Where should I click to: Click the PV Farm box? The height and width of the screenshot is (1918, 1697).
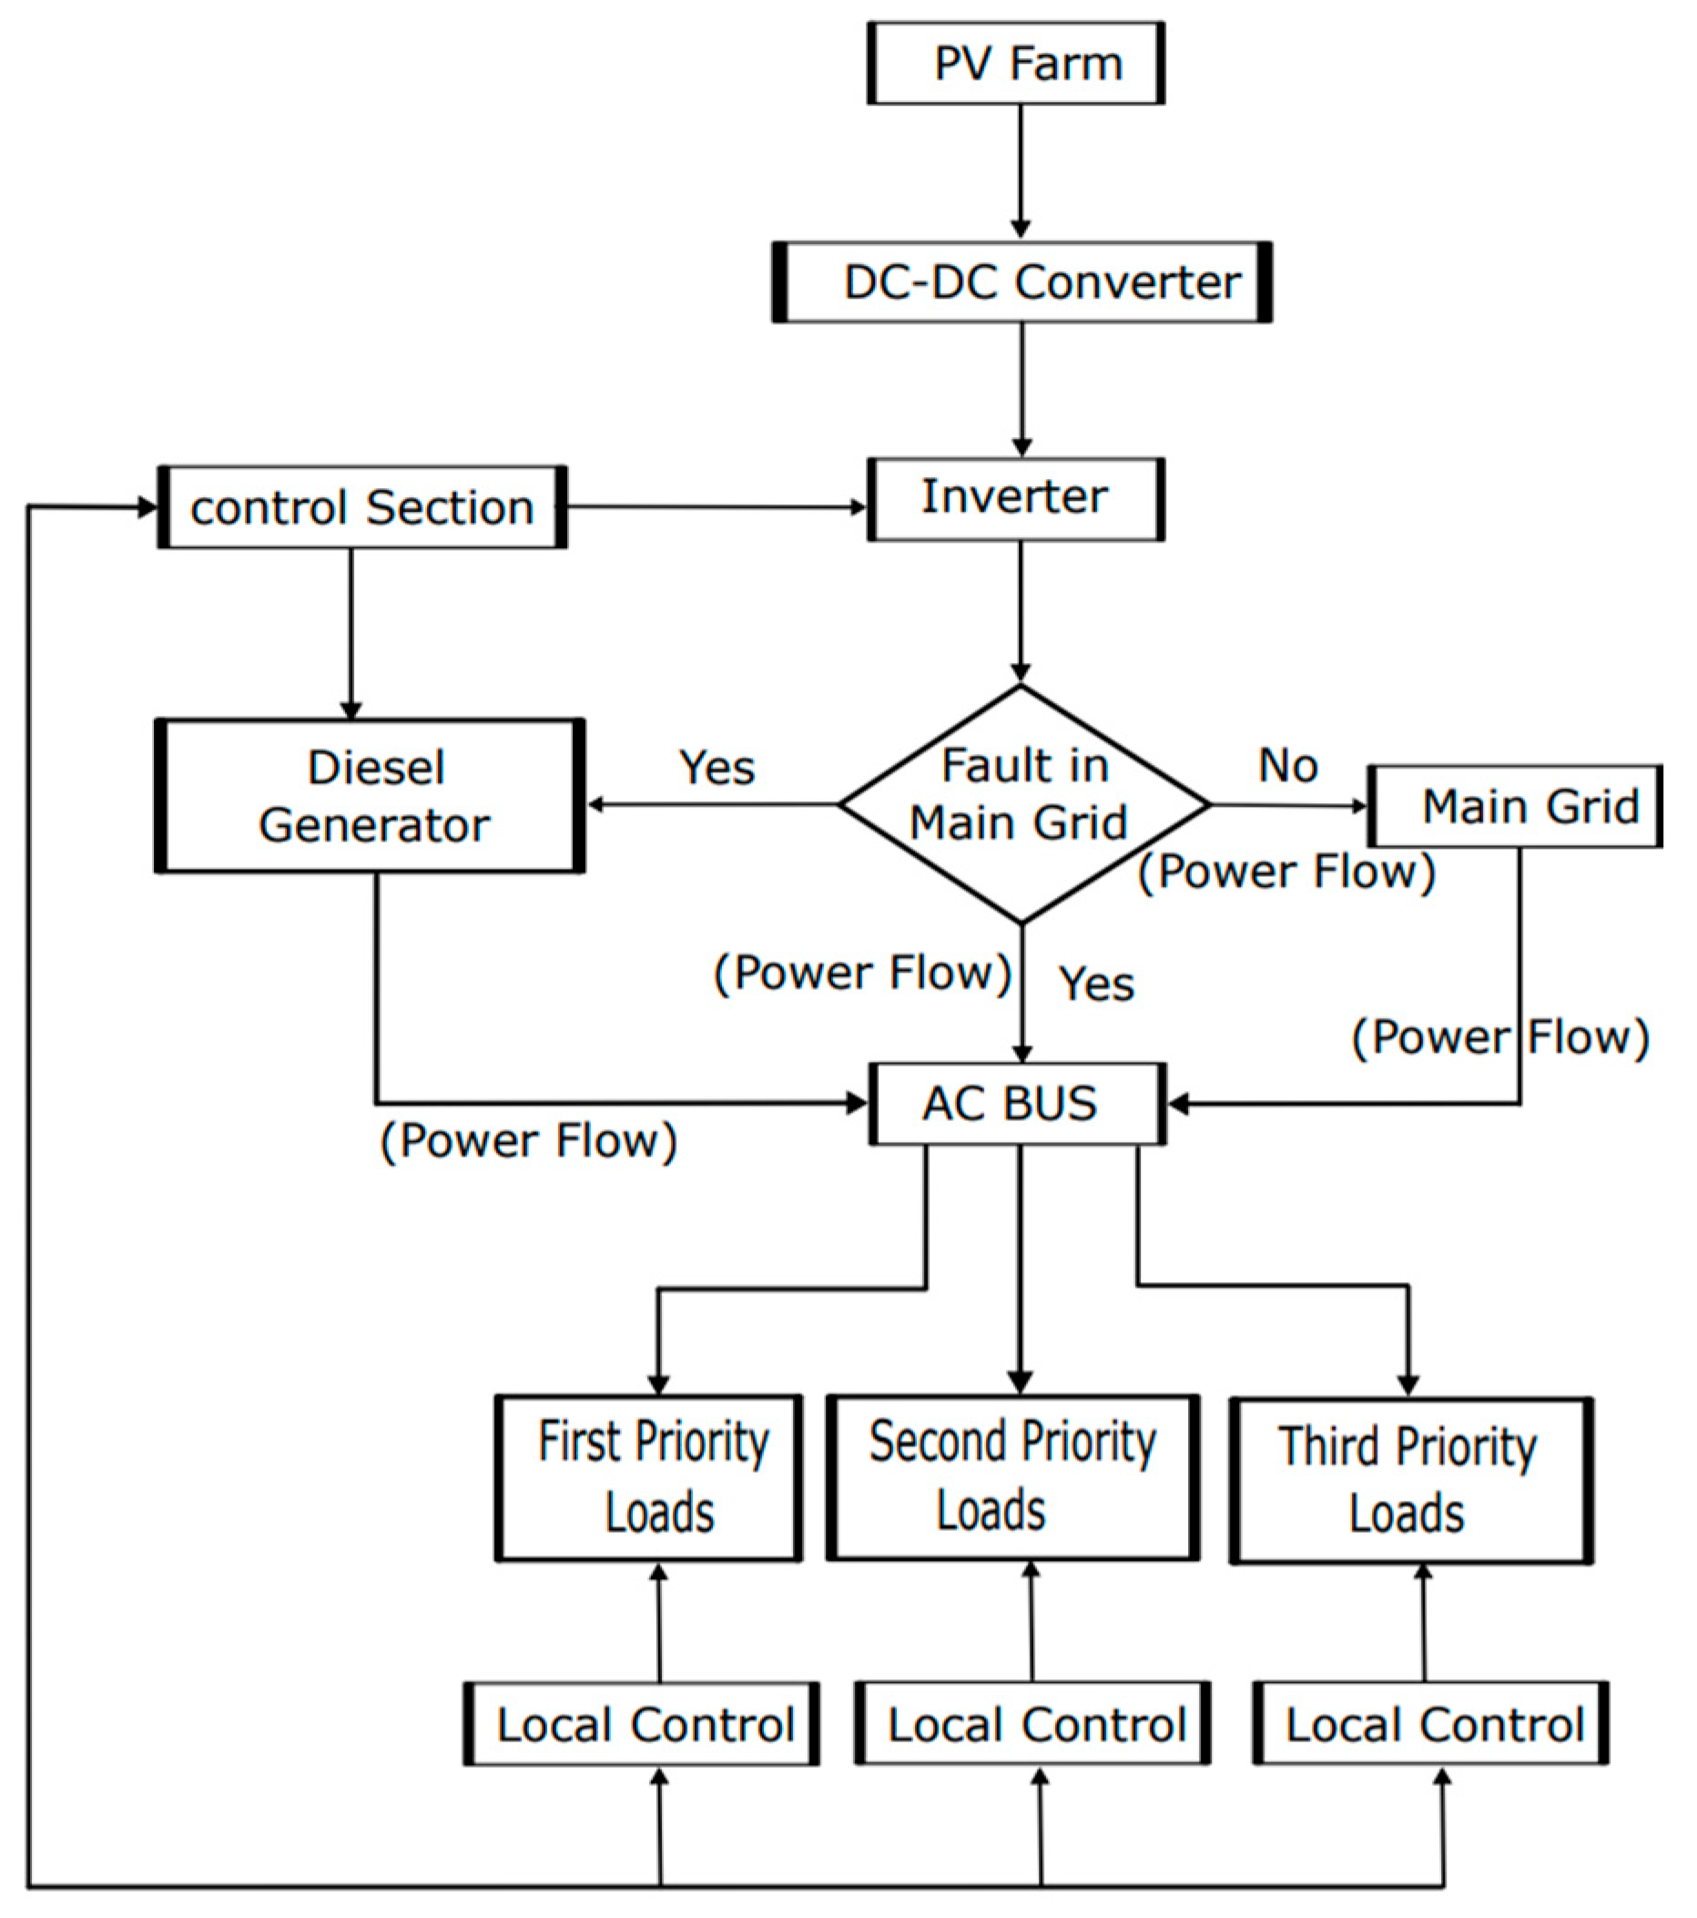[1015, 64]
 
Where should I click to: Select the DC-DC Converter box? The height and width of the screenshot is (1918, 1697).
[1021, 282]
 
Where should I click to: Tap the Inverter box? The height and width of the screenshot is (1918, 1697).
[1015, 499]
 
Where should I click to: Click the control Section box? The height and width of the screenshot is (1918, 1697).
[362, 507]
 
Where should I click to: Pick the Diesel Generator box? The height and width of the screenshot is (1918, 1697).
[371, 797]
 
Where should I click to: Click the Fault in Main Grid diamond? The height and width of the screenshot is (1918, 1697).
[1021, 804]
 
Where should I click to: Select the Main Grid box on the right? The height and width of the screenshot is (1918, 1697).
[1514, 806]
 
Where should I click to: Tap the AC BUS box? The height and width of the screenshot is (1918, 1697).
[1017, 1104]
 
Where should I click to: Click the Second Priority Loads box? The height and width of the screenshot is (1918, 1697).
[1012, 1478]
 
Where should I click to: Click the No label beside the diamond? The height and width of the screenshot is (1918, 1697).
[1287, 766]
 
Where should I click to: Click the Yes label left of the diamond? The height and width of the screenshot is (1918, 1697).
[716, 768]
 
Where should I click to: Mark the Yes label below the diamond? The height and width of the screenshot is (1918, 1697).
[1096, 985]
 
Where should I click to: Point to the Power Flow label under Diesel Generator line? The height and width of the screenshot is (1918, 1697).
[528, 1141]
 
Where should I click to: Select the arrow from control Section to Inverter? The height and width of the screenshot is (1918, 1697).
[716, 507]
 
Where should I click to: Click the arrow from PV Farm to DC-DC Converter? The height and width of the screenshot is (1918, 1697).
[1021, 168]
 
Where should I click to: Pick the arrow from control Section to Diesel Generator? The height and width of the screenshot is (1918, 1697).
[351, 633]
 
